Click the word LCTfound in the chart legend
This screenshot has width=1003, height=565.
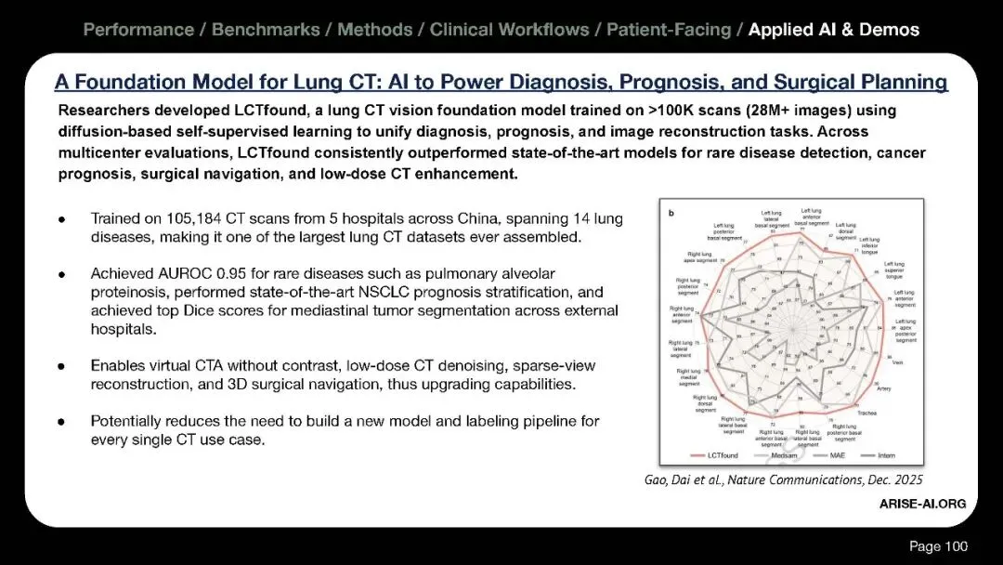pos(722,455)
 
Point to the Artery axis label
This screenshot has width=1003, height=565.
pos(883,388)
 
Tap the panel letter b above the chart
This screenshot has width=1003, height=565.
pos(671,213)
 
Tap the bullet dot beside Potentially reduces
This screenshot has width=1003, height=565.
pos(61,421)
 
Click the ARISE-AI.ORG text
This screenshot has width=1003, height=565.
pos(922,504)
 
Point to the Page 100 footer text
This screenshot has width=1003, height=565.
pos(938,545)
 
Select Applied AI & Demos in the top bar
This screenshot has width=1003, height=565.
pos(833,30)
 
